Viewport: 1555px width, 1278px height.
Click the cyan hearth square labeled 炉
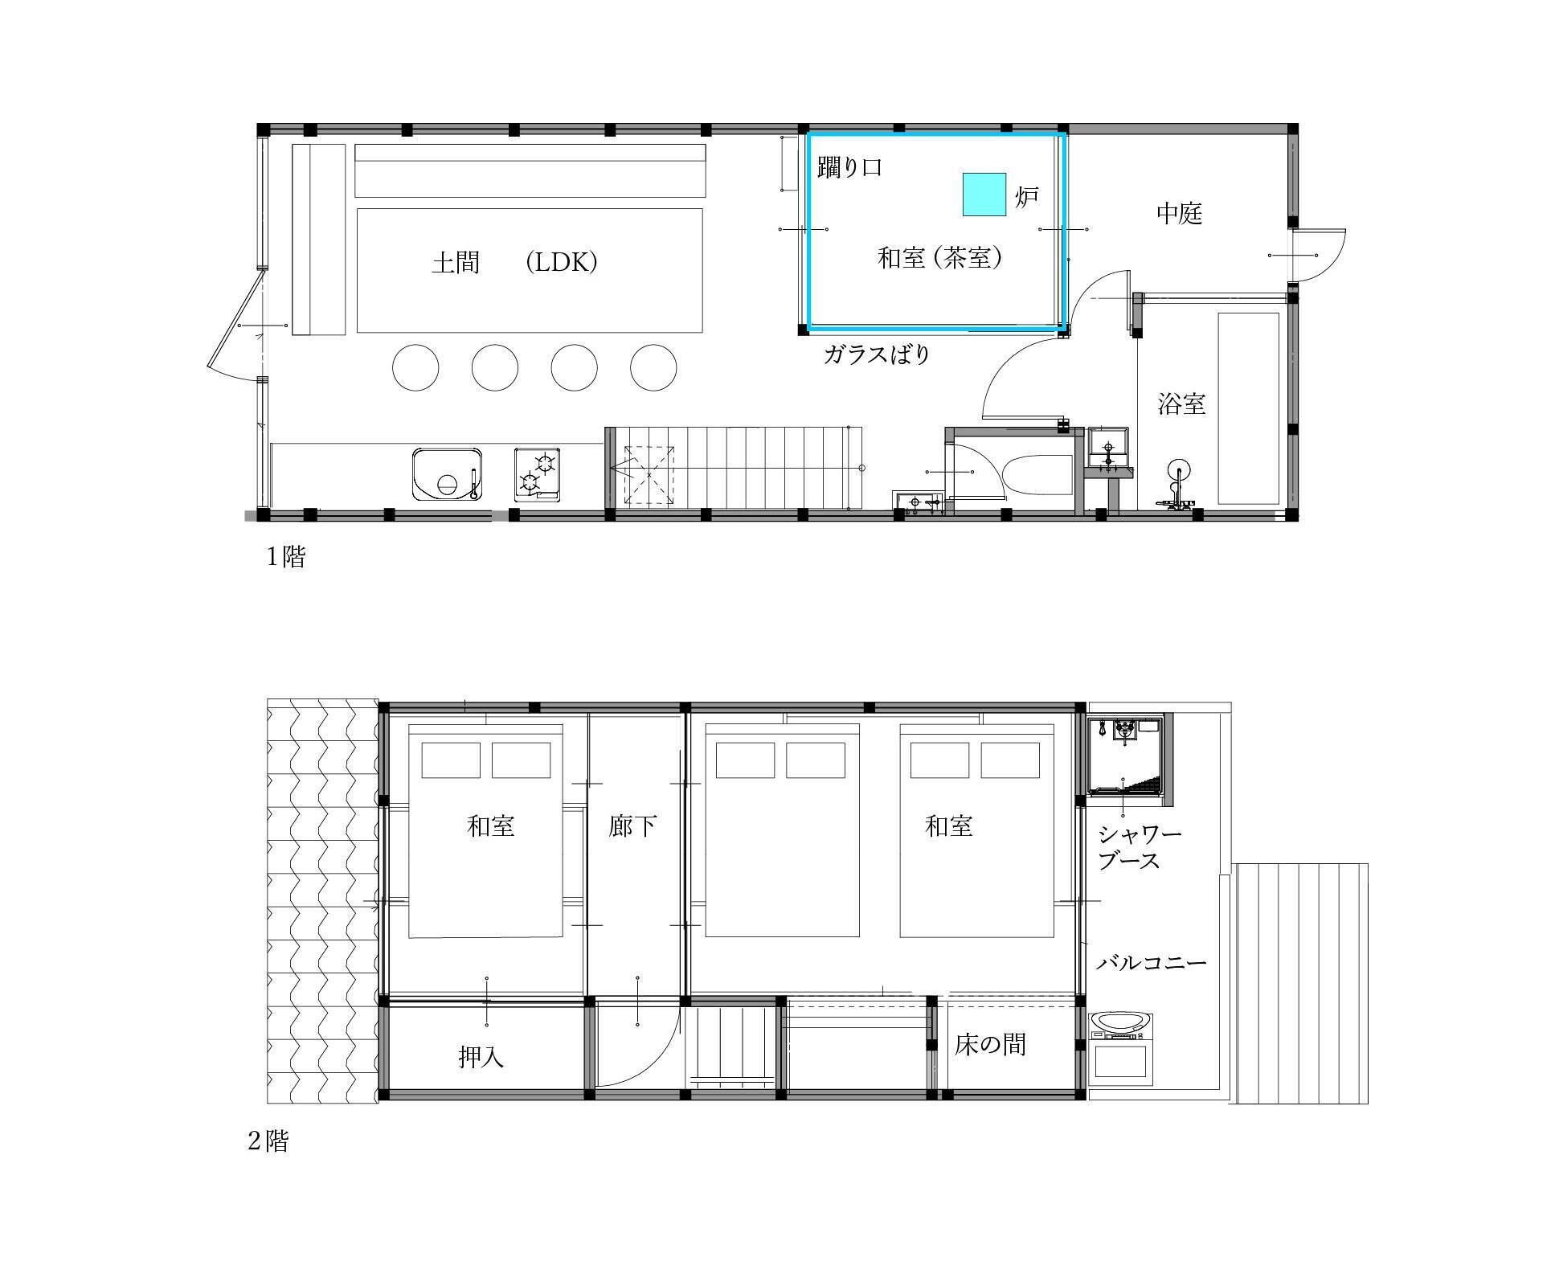point(984,195)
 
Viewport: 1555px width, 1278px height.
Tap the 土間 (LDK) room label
point(514,262)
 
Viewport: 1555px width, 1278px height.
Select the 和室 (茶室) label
point(939,257)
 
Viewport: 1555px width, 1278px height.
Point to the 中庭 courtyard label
point(1179,213)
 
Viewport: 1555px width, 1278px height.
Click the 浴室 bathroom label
point(1181,403)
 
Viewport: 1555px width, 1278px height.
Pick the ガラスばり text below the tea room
point(877,354)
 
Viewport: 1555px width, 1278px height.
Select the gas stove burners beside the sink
point(538,475)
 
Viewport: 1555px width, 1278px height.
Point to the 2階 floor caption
point(268,1141)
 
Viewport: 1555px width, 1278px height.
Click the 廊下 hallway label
point(633,825)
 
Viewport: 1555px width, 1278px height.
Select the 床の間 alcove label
point(990,1044)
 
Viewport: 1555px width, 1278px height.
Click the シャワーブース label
point(1140,847)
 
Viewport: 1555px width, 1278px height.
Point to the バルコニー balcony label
point(1152,962)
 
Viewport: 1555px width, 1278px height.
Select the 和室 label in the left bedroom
point(491,825)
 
